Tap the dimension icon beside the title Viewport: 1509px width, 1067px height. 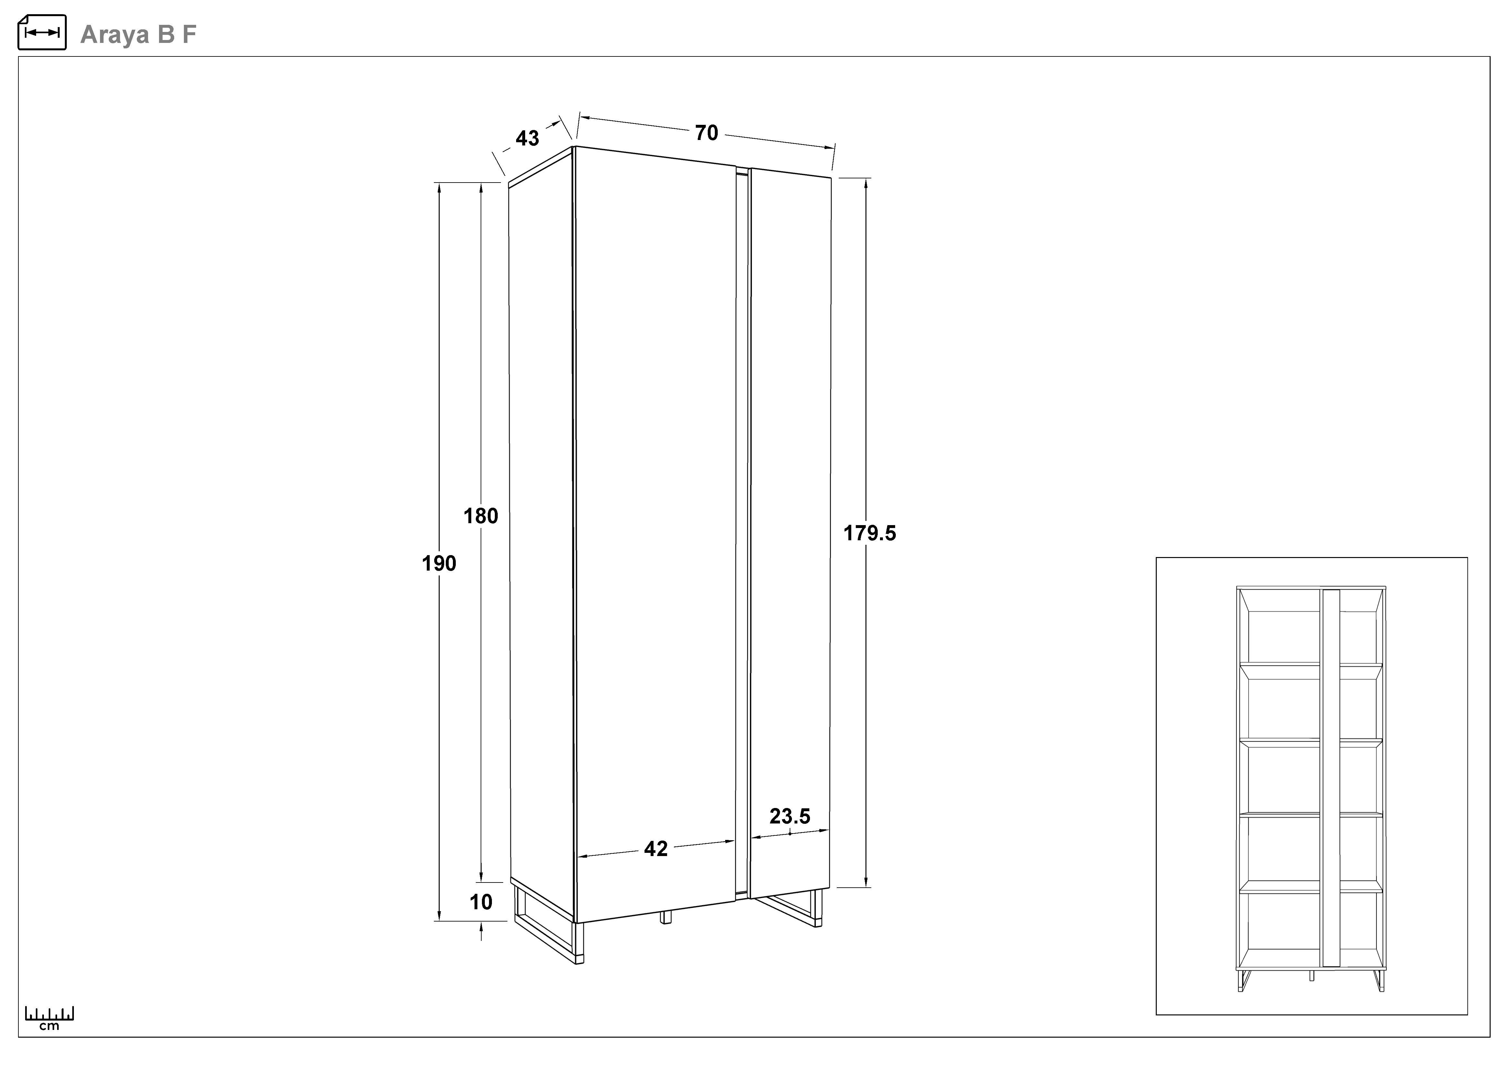42,32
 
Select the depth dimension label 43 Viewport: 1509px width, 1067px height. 527,138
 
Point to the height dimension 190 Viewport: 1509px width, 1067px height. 439,563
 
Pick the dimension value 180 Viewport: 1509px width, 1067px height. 481,516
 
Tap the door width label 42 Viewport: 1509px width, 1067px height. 656,849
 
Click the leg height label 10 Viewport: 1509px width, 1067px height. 481,902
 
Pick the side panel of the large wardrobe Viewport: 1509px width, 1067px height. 542,532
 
